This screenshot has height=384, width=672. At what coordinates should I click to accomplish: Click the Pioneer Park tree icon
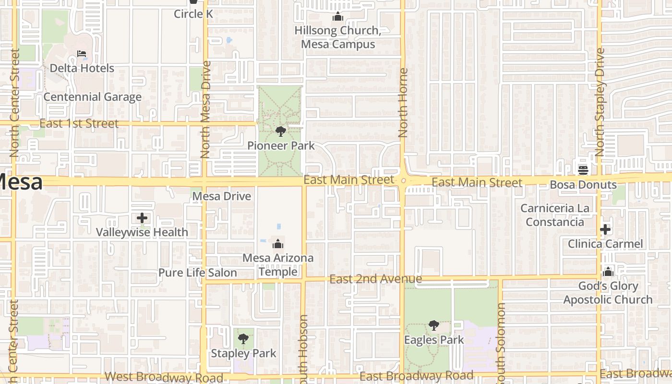coord(281,131)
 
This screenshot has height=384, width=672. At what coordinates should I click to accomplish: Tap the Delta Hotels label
coord(82,68)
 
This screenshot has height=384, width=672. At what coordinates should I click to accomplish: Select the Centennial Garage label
coord(93,97)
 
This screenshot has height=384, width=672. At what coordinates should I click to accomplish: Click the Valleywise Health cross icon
coord(142,218)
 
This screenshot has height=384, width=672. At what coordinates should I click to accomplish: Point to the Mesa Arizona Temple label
coord(278,264)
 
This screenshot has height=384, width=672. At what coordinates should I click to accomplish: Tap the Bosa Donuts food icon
coord(583,170)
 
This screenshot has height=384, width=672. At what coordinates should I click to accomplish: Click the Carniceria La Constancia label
coord(554,215)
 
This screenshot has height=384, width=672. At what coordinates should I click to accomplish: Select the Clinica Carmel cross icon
coord(605,229)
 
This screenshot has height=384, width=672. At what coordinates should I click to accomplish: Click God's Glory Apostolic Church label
coord(608,293)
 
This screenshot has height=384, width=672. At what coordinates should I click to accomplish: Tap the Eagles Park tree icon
coord(433,325)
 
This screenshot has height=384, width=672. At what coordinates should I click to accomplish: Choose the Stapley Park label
coord(244,354)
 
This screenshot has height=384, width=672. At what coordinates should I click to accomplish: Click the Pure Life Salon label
coord(198,273)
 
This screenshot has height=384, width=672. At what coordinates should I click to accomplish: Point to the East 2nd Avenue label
coord(376,279)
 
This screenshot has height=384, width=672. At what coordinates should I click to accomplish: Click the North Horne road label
coord(403,103)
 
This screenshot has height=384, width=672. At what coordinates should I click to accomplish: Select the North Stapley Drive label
coord(600,102)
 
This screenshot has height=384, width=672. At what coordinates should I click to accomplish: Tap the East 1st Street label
coord(79,123)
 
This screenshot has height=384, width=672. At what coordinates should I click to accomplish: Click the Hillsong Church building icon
coord(338,17)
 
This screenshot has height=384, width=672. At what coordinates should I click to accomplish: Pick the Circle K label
coord(193,14)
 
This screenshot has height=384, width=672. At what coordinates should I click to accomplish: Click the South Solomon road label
coord(501,343)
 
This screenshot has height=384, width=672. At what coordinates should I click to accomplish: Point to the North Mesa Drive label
coord(205,109)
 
